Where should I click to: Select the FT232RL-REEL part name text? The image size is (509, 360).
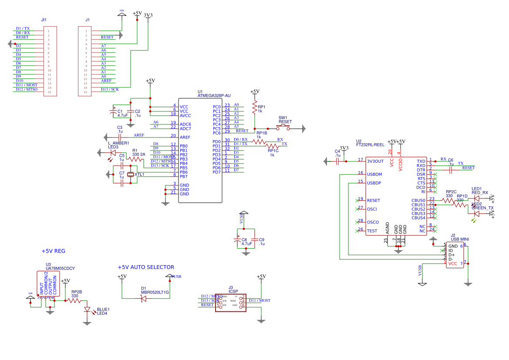point(370,145)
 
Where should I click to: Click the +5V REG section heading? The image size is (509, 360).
point(53,251)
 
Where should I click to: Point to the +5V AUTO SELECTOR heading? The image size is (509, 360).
point(146,267)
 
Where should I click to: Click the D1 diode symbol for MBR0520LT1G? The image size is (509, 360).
point(143,298)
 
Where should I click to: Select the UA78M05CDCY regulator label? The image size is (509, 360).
point(60,269)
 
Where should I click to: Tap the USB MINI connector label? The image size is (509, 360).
point(460,239)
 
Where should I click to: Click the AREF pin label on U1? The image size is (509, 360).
point(185,137)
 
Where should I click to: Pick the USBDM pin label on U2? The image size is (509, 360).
point(374,174)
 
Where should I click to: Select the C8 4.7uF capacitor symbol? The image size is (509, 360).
point(237,240)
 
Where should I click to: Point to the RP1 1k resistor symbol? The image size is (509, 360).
point(254,107)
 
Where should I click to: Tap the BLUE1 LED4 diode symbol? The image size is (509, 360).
point(87,310)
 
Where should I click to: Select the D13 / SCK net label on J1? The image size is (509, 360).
point(110,89)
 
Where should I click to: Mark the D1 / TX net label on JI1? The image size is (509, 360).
point(23,28)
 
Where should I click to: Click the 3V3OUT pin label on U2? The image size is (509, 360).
point(375,161)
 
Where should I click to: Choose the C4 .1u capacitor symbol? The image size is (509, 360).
point(337,161)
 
